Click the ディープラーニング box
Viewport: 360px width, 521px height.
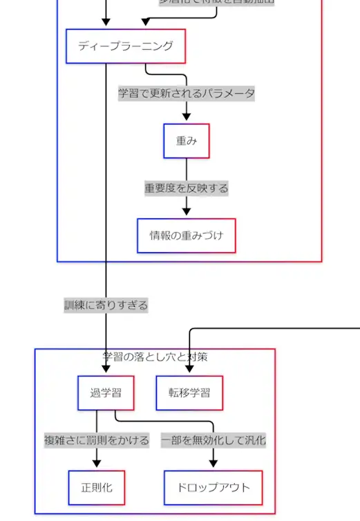[125, 46]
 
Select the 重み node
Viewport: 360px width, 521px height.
[186, 141]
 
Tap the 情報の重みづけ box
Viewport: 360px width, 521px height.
[186, 236]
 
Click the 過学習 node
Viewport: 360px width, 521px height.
[106, 393]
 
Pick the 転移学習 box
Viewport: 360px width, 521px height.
[189, 393]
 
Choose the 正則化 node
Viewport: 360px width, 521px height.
[97, 488]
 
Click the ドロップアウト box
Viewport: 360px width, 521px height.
[214, 488]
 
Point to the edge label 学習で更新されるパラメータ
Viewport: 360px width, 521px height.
[186, 93]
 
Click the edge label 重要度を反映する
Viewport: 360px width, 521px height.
[186, 188]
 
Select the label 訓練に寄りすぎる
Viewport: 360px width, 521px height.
[106, 305]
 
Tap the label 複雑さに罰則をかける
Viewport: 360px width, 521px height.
[97, 440]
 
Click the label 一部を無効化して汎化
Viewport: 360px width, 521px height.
[214, 440]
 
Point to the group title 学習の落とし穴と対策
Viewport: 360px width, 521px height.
[155, 357]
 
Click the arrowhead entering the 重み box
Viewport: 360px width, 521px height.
[186, 120]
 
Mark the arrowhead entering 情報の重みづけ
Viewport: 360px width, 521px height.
[186, 214]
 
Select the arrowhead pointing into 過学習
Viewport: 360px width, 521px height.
[106, 372]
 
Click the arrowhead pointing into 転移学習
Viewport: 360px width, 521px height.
[189, 372]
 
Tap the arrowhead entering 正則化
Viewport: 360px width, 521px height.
[97, 466]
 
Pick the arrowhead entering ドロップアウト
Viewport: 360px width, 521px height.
[214, 466]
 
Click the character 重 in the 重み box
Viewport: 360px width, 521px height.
[181, 141]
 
